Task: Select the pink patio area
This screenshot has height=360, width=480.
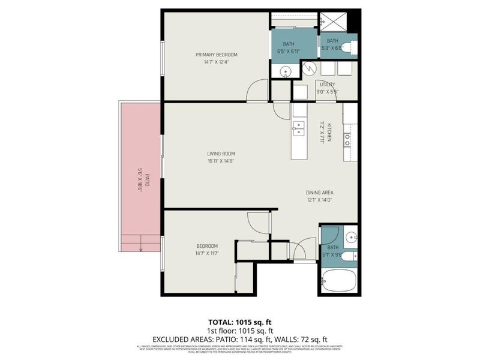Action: point(140,168)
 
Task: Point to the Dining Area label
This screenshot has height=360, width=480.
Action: point(320,193)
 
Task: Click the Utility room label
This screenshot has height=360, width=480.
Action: point(327,85)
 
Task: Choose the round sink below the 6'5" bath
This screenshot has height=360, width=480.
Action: point(284,71)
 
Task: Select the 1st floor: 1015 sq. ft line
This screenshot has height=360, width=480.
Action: point(239,331)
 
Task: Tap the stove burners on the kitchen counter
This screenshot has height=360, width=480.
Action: point(347,141)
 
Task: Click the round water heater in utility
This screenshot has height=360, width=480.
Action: point(310,70)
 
